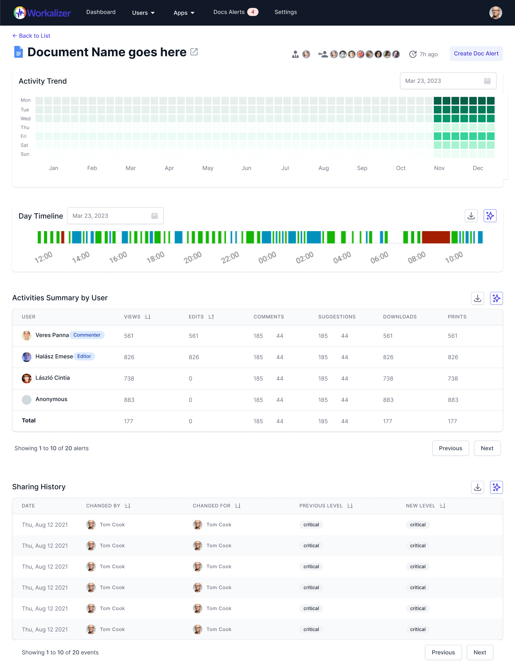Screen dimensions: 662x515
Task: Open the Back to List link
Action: click(x=32, y=36)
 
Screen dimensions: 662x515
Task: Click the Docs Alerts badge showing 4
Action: click(x=253, y=12)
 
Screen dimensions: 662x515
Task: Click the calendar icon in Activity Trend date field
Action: click(x=487, y=81)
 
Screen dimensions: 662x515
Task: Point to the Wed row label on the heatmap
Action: click(x=26, y=119)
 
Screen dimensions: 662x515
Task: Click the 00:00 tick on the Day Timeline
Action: click(x=267, y=257)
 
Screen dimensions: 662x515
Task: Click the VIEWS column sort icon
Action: click(x=147, y=317)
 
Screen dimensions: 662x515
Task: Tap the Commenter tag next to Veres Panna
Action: click(x=87, y=335)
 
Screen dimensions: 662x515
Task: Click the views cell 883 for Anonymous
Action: click(x=129, y=400)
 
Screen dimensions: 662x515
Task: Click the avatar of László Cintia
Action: click(x=27, y=378)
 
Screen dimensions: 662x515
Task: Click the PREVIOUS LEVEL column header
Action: click(x=321, y=506)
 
